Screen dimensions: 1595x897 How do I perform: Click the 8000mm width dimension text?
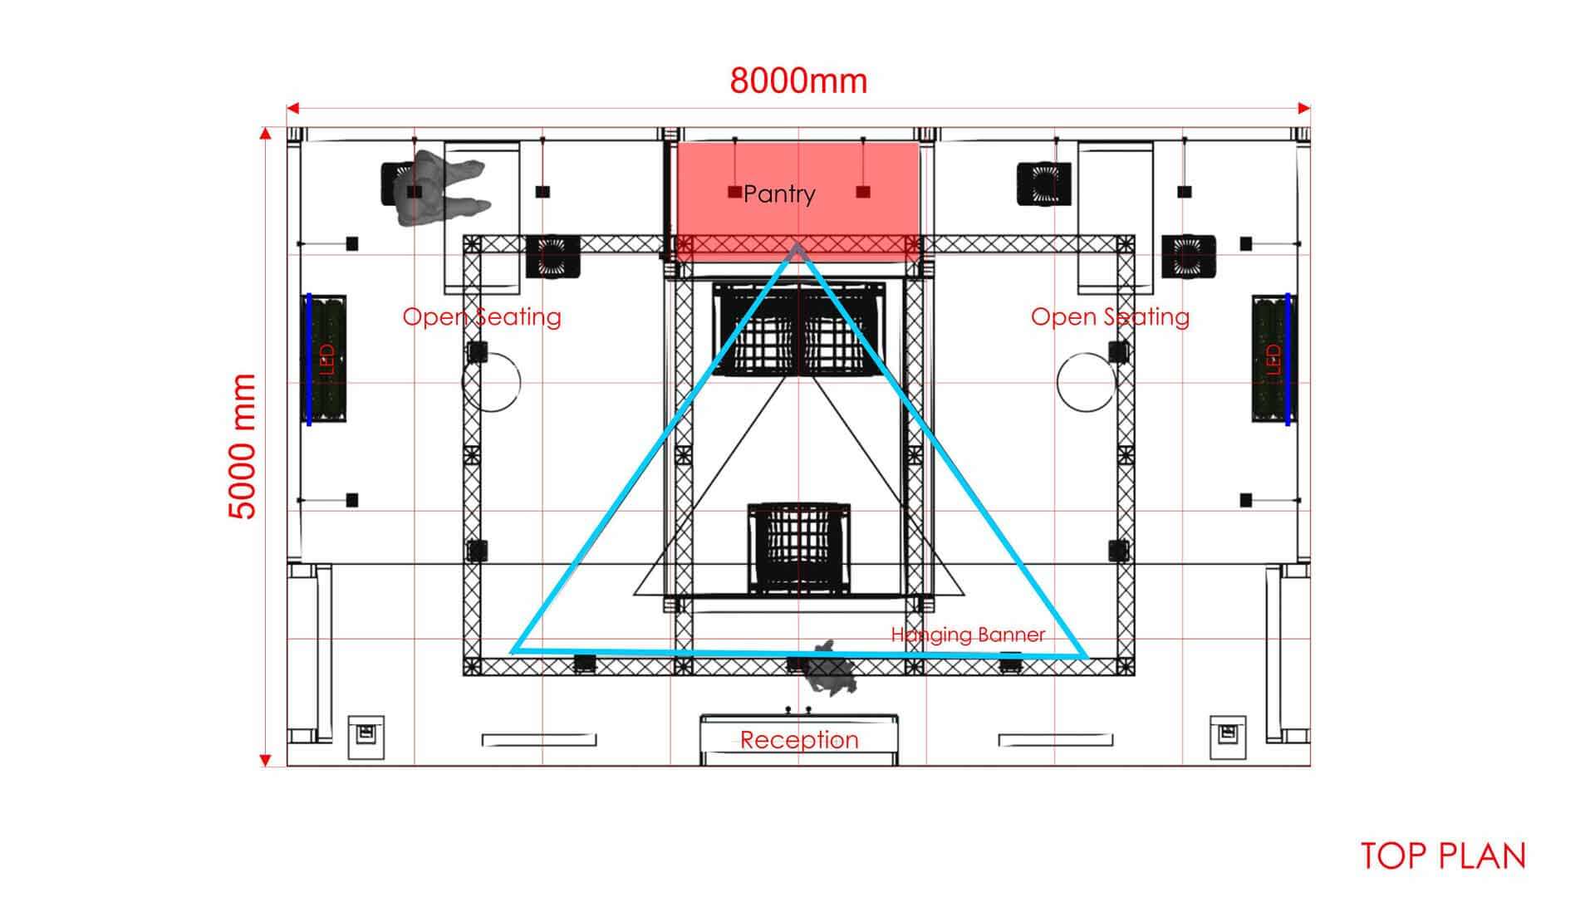point(798,81)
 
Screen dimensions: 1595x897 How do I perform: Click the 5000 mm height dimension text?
point(242,446)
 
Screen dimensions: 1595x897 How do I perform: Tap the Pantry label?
point(779,194)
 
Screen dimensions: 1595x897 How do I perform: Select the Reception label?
point(799,739)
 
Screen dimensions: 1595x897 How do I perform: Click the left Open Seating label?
point(482,316)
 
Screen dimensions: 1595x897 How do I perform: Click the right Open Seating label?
point(1110,316)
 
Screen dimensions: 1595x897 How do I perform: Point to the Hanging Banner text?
point(968,635)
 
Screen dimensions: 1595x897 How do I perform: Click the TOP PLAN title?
point(1444,856)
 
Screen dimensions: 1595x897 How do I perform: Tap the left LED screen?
point(326,359)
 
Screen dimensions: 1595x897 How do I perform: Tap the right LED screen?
point(1272,359)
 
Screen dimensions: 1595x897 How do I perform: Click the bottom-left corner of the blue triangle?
point(513,651)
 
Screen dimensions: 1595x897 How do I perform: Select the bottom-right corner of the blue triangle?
point(1086,657)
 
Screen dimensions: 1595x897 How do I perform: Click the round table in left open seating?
point(492,382)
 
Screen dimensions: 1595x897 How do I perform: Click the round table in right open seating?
point(1087,382)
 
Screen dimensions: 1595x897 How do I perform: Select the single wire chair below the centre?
point(799,549)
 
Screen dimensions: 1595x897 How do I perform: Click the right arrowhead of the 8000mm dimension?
point(1304,108)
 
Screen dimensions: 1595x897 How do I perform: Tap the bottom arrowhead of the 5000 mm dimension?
point(265,760)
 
